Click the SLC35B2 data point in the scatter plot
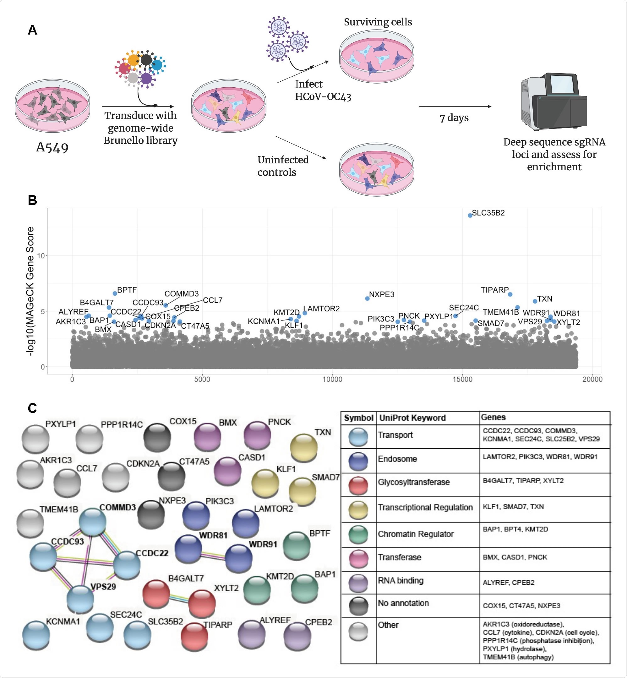470,216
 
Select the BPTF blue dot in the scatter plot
115,293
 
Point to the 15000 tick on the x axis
462,380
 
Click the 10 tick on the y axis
41,256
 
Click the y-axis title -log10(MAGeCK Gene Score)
30,291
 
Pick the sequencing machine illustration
554,101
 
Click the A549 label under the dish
52,148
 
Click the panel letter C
32,408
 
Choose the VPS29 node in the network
80,599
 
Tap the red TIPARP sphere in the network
194,637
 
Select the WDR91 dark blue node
238,558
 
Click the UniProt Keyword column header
412,418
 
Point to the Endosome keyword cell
397,459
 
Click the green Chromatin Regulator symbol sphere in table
358,534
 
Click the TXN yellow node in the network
304,448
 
